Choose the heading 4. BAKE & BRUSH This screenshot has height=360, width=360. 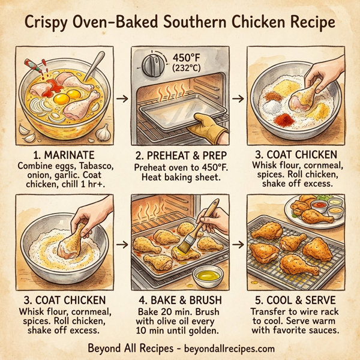tap(180, 299)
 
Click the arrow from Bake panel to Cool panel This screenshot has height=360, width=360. tap(238, 244)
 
